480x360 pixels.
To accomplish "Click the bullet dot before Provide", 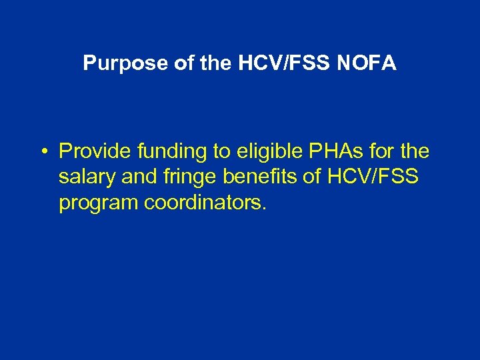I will pyautogui.click(x=42, y=152).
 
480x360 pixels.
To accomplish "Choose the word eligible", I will pyautogui.click(x=269, y=152).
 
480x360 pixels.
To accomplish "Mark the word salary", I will pyautogui.click(x=83, y=177).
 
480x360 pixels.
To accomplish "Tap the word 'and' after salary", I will pyautogui.click(x=129, y=177).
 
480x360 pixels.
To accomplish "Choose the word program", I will pyautogui.click(x=99, y=203).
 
